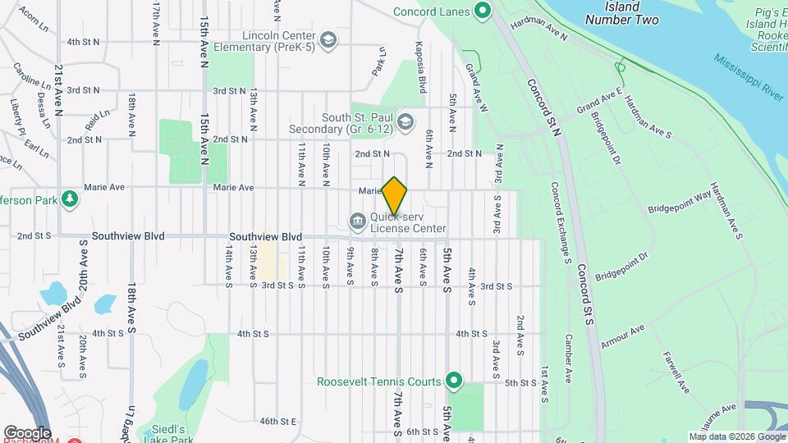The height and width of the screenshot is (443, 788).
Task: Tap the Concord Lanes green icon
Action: point(483,11)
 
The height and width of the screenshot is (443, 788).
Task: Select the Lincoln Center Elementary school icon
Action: point(328,41)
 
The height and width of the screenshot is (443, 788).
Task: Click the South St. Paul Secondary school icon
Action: point(405,123)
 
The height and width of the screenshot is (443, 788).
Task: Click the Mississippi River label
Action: point(749,78)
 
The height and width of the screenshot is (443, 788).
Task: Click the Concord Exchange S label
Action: point(561,222)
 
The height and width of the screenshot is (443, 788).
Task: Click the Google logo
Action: point(27,432)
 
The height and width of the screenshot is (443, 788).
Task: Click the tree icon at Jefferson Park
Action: point(71,198)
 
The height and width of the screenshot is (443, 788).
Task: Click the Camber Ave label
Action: point(567,359)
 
